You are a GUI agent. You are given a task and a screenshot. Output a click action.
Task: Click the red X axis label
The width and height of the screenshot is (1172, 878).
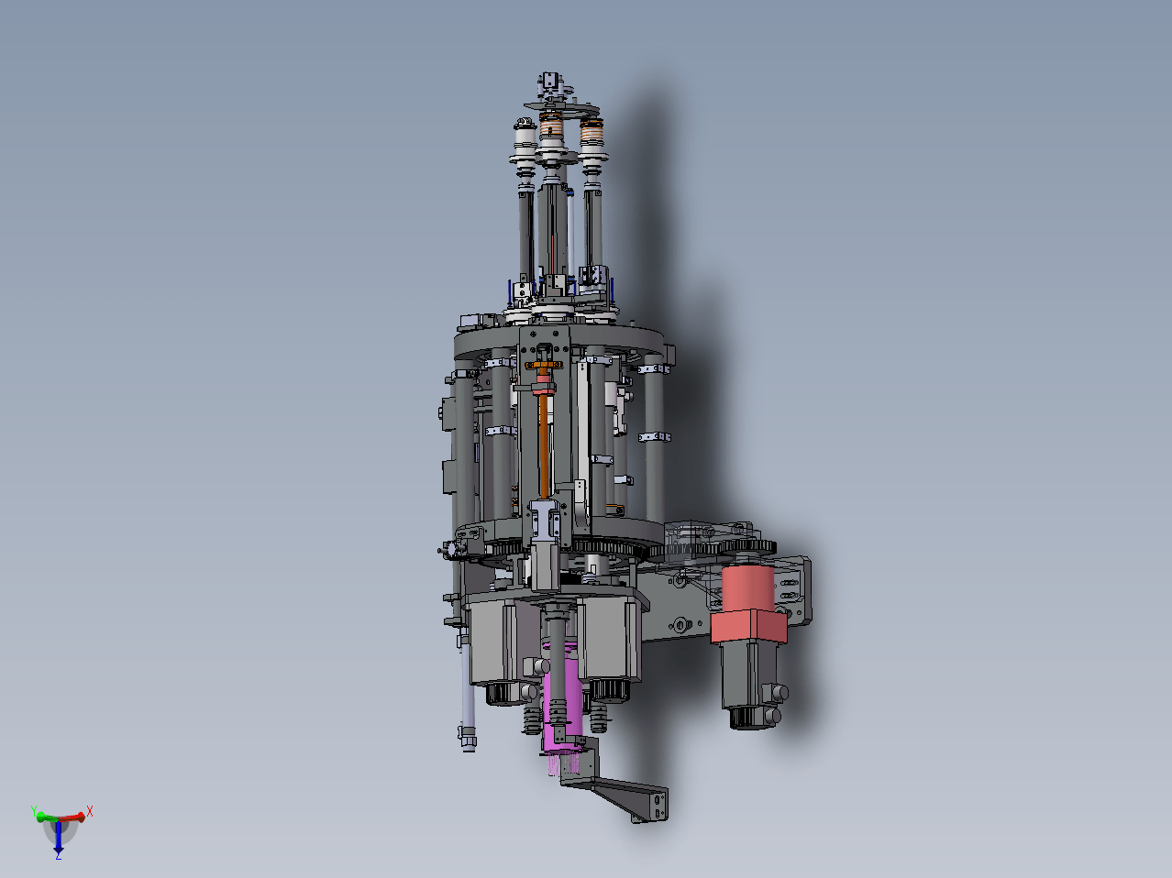90,811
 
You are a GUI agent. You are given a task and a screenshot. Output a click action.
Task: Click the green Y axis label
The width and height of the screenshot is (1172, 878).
34,811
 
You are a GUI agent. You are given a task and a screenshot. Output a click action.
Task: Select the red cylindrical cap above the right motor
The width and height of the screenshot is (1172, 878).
747,587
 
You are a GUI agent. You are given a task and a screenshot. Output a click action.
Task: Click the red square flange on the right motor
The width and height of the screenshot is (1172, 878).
748,626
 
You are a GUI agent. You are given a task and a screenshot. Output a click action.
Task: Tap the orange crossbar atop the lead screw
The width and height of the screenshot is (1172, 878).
544,365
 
